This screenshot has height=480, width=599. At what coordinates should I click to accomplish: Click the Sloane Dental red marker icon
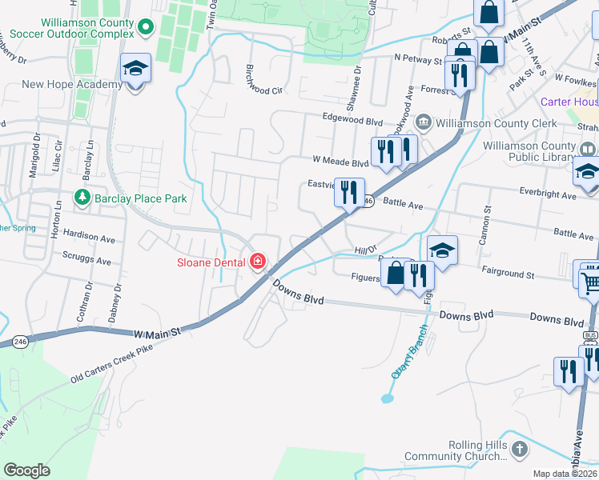point(258,262)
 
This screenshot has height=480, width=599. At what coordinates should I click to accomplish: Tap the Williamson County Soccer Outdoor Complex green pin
point(145,28)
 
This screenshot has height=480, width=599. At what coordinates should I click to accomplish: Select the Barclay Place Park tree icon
point(81,197)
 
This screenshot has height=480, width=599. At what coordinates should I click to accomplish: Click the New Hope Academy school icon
point(135,70)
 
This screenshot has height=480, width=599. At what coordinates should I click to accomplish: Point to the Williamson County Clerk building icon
point(423,122)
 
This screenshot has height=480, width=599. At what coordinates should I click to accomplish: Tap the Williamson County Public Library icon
point(587,149)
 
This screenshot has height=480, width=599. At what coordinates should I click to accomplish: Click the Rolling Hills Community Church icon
point(520,451)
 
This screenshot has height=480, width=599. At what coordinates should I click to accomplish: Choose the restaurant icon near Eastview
point(348,193)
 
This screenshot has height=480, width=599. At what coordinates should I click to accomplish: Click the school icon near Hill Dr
point(441,250)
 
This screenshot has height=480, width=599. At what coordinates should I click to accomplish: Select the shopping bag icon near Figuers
point(396,274)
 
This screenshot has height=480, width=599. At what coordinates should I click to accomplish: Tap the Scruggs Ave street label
point(86,260)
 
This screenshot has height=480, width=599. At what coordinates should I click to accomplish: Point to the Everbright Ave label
point(548,195)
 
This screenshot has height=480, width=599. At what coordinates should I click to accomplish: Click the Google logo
point(27,470)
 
